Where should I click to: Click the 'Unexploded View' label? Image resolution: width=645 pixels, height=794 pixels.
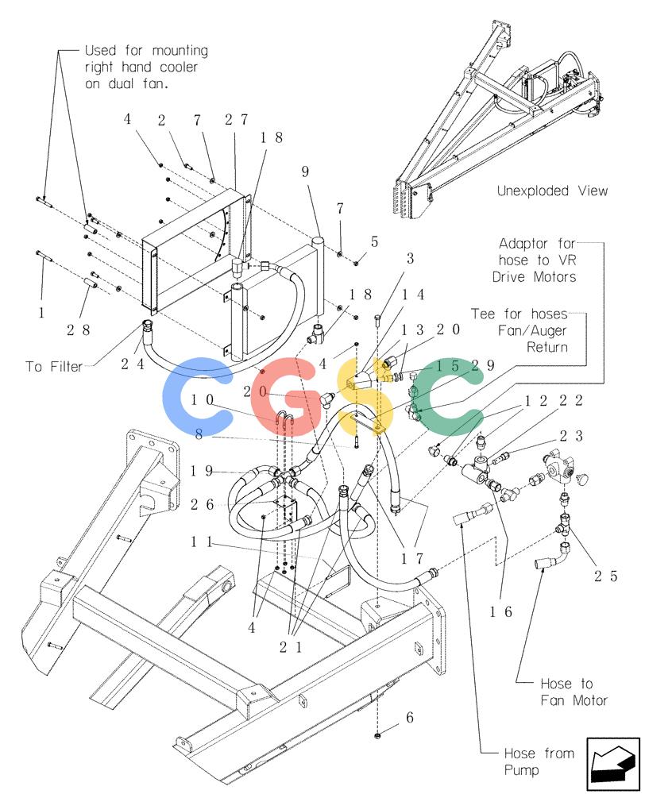coord(552,191)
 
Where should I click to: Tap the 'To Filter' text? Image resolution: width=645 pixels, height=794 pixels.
coord(54,366)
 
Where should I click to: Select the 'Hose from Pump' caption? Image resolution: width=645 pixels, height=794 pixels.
coord(539,761)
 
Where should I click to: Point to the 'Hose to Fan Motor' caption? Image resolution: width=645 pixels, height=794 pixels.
coord(574,692)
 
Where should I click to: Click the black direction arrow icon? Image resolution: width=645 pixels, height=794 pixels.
coord(612,765)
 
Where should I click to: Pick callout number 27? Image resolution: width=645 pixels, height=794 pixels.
coord(236,120)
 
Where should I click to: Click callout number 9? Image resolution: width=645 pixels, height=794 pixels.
coord(305,172)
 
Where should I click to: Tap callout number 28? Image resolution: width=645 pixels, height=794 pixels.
coord(79,330)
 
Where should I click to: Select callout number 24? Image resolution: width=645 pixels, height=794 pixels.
coord(132,364)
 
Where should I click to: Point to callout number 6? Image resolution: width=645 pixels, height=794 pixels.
coord(409,717)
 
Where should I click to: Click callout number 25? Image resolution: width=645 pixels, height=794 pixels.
coord(606,576)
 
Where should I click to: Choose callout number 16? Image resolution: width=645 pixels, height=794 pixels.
coord(500,611)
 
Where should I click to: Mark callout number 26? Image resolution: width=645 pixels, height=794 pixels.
coord(203,504)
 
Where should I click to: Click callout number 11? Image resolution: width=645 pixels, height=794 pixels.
coord(202,542)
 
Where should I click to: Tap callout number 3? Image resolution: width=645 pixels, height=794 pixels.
coord(411,258)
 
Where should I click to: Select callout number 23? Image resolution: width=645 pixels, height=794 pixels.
coord(572,435)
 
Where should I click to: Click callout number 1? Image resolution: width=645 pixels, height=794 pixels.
coord(41,312)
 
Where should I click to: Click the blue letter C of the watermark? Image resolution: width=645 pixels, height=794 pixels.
coord(196,389)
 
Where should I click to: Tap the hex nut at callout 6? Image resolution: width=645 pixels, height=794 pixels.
coord(377,735)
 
